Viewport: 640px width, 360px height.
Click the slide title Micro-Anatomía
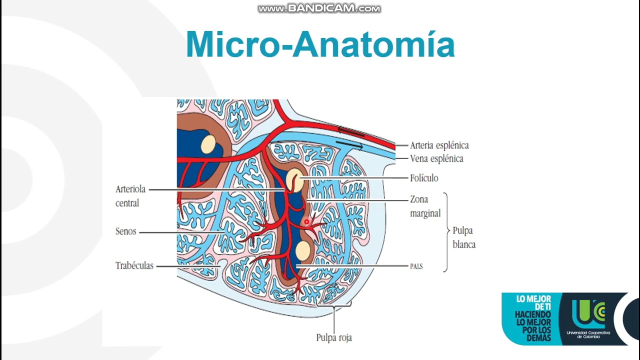[x=320, y=45]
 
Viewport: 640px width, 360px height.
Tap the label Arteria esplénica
[x=439, y=145]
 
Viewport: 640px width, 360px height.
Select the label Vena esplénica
[x=436, y=158]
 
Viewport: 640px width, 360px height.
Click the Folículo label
[x=424, y=178]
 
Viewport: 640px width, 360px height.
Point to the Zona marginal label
[x=425, y=206]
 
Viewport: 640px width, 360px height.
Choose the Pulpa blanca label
[x=464, y=237]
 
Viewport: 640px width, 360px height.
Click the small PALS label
[x=416, y=266]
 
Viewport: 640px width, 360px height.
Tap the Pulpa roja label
[x=334, y=337]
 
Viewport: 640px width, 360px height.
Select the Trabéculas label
[x=134, y=265]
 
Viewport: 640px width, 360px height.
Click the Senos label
[x=125, y=231]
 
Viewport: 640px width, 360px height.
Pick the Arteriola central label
[x=130, y=196]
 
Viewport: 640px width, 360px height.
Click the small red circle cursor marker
[x=306, y=221]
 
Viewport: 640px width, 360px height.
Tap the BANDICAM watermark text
[x=319, y=8]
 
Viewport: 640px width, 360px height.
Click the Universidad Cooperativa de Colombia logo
[x=588, y=319]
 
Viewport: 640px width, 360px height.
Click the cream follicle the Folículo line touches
[x=294, y=180]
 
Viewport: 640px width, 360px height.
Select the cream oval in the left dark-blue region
[x=208, y=144]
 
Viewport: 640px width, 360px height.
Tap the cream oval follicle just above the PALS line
[x=303, y=251]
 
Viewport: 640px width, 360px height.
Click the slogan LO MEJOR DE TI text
[x=533, y=303]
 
